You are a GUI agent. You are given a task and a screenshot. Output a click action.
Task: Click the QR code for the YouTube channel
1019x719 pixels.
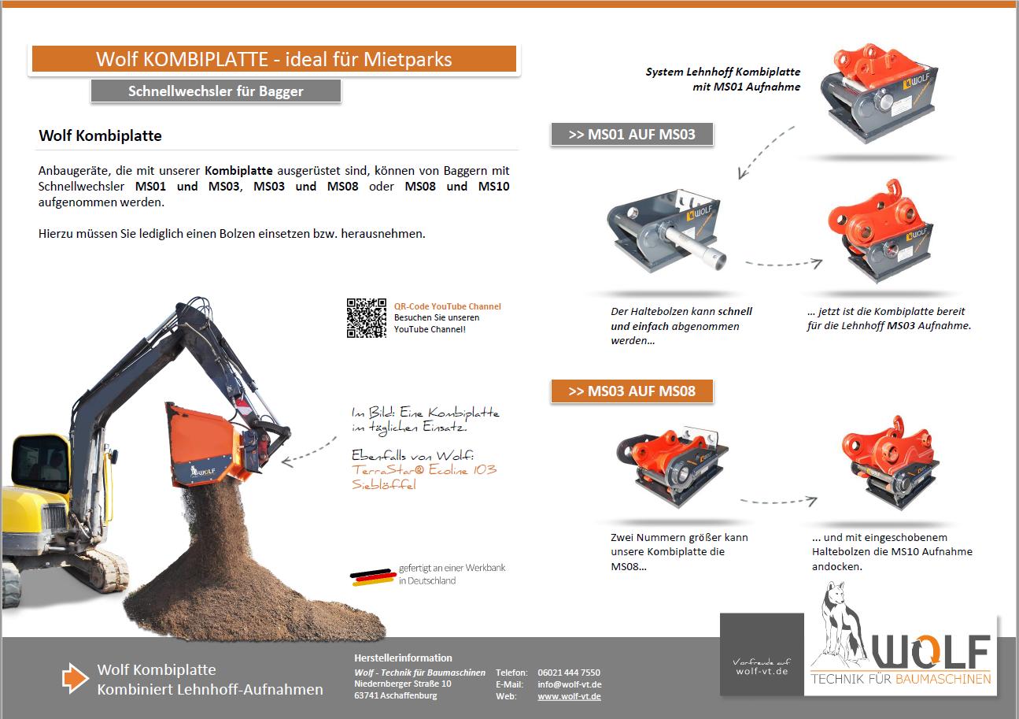coord(366,318)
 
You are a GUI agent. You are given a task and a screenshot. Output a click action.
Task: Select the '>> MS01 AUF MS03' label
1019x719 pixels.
coord(632,134)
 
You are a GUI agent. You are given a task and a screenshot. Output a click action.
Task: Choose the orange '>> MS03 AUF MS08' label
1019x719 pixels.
coord(632,391)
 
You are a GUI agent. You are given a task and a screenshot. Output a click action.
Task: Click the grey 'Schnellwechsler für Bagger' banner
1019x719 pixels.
coord(216,91)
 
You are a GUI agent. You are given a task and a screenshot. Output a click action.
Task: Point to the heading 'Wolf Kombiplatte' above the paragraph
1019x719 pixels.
coord(100,135)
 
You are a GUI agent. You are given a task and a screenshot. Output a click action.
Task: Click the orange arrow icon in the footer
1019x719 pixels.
coord(76,678)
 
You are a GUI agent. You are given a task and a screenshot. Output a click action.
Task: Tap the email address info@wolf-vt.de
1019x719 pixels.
coord(569,684)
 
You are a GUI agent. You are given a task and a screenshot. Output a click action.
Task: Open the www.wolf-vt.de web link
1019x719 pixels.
coord(569,697)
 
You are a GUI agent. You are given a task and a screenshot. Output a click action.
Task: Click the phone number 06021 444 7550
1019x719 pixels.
coord(568,673)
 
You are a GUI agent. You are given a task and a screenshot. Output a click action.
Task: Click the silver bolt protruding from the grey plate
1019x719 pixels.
coord(696,246)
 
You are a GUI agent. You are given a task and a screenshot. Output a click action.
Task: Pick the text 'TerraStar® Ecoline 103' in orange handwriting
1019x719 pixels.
coord(424,470)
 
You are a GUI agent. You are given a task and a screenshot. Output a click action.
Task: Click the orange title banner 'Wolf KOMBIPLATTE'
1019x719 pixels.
coord(273,59)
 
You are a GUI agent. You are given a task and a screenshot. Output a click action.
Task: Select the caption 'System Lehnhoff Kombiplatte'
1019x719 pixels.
coord(722,72)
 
